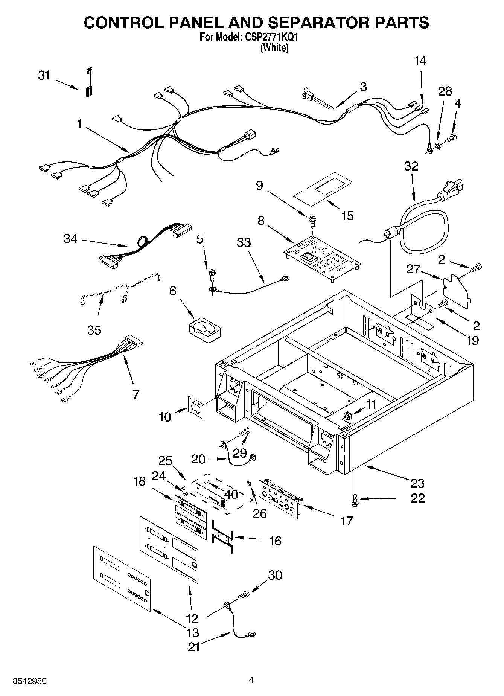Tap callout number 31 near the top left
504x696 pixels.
tap(44, 76)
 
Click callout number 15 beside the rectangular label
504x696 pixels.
tap(347, 216)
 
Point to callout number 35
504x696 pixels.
tap(94, 330)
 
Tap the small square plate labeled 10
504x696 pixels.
tap(196, 407)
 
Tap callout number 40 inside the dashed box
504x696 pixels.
tap(232, 494)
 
